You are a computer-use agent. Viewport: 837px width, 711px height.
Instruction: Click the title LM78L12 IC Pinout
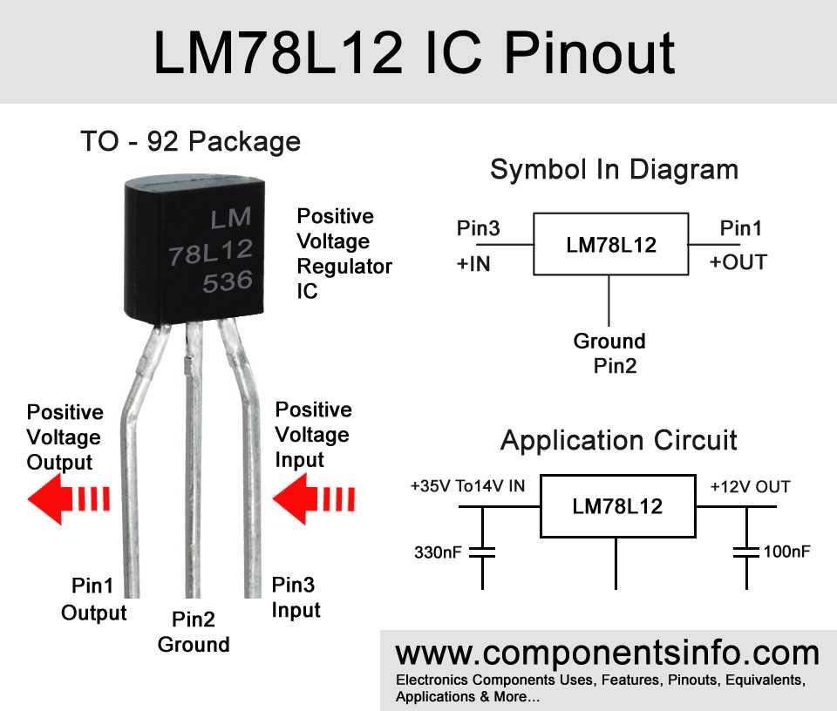(x=414, y=52)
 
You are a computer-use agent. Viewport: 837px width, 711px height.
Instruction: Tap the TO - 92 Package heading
(x=190, y=141)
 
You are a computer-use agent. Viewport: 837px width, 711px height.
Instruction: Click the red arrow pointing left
(x=68, y=499)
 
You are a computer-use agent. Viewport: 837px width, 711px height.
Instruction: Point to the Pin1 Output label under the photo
(x=93, y=599)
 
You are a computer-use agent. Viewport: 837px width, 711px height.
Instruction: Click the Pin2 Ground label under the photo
(x=193, y=632)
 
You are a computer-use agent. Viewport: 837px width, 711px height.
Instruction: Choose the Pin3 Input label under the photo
(x=296, y=597)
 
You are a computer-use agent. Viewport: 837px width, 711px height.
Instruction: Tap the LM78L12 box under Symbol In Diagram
(x=610, y=245)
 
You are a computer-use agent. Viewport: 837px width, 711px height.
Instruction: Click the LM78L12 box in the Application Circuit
(x=616, y=506)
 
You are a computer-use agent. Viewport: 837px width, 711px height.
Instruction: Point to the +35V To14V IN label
(x=467, y=486)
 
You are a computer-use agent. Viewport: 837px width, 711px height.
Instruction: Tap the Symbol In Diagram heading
(x=614, y=169)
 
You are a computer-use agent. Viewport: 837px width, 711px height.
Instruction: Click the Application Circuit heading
(x=619, y=440)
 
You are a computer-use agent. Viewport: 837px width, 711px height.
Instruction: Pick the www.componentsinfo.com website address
(x=608, y=653)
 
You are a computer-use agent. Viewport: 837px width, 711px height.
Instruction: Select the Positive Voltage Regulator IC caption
(x=344, y=253)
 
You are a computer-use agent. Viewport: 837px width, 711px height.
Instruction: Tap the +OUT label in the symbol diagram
(x=738, y=262)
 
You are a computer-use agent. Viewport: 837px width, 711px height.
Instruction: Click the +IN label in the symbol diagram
(x=473, y=262)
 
